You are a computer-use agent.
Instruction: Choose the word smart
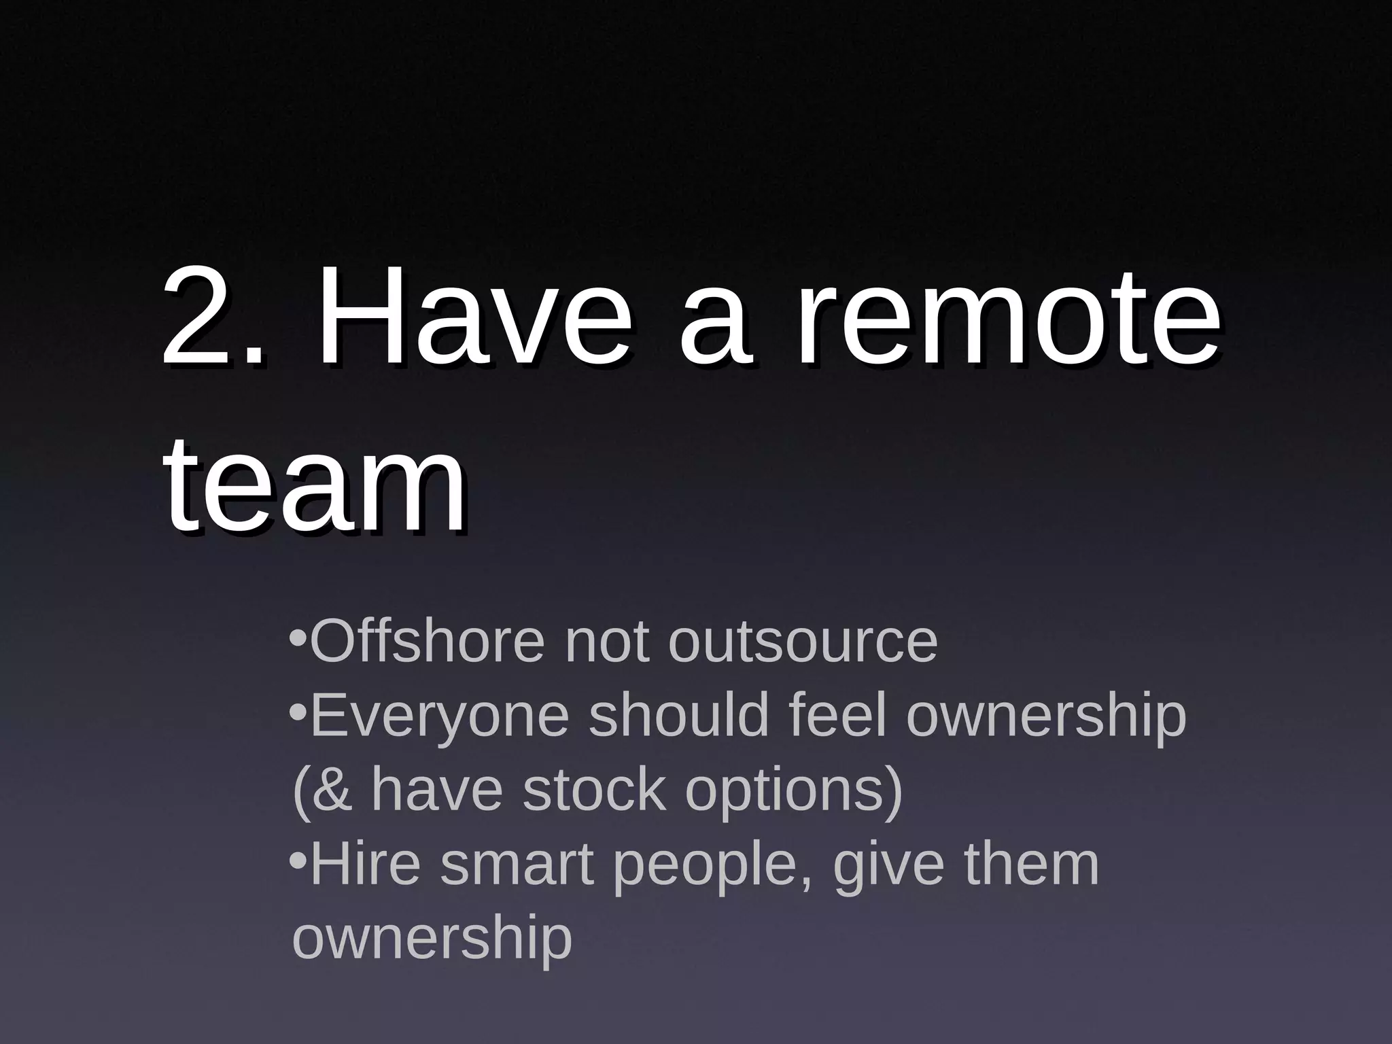tap(517, 865)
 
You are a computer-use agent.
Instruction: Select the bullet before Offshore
tap(298, 639)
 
